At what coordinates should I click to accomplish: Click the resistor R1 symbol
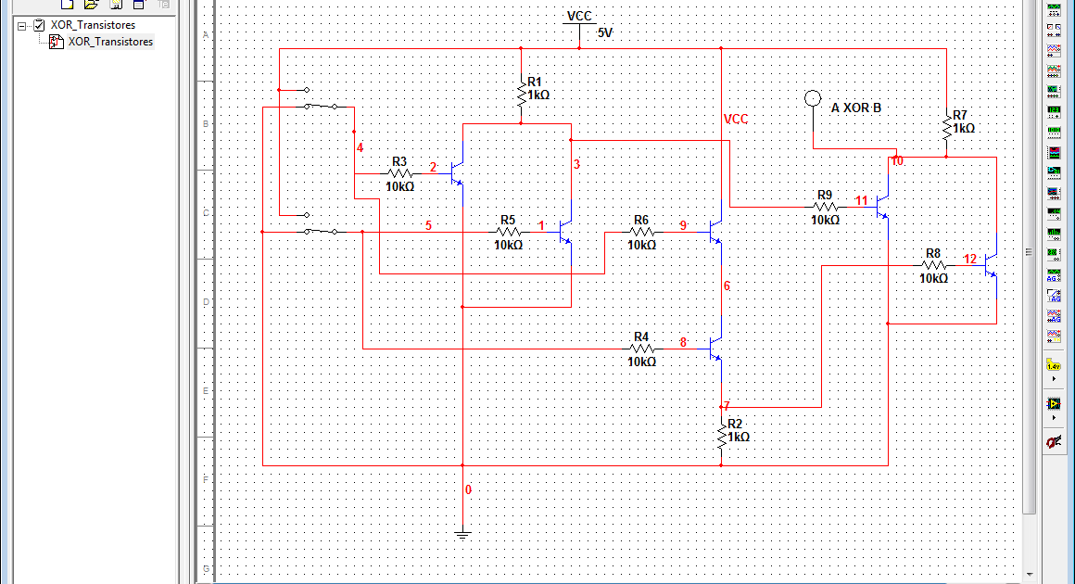pos(521,93)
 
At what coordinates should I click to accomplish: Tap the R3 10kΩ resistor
pos(399,173)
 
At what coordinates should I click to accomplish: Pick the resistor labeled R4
pos(641,349)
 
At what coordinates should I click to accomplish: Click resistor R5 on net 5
pos(508,232)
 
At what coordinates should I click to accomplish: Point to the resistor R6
pos(641,232)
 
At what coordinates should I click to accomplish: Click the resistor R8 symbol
pos(933,265)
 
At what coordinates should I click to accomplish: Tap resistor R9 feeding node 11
pos(825,208)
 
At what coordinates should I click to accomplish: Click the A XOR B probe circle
pos(813,98)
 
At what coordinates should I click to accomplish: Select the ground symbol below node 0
pos(462,533)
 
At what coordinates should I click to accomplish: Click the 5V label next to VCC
pos(605,32)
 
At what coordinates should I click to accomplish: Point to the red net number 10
pos(897,161)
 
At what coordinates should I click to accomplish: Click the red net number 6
pos(727,286)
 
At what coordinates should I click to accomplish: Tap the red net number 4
pos(360,148)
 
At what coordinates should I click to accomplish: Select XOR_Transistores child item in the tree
pos(110,42)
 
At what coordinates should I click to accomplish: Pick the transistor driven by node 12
pos(991,265)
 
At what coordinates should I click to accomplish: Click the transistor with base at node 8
pos(715,349)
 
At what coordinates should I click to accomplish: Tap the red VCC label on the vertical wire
pos(735,119)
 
